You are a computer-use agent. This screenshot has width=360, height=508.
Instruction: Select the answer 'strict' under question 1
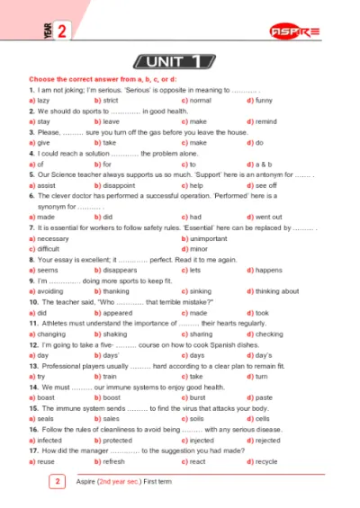pyautogui.click(x=110, y=101)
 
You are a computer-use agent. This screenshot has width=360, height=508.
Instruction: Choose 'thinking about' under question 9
pyautogui.click(x=277, y=291)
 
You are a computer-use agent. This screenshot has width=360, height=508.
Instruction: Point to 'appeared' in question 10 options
pyautogui.click(x=115, y=313)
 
